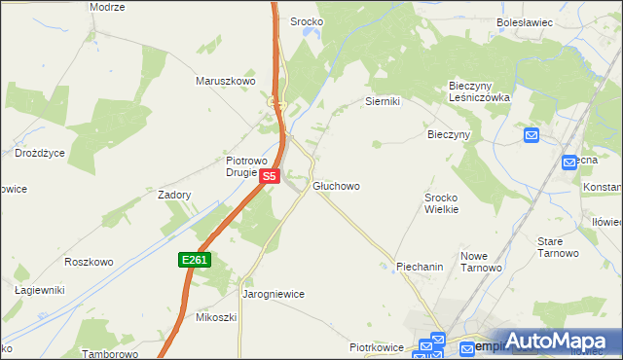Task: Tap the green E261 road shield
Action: [195, 260]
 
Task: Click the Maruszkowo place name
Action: [225, 81]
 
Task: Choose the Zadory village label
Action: [174, 195]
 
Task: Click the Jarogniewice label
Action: [274, 293]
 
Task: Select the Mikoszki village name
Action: [216, 317]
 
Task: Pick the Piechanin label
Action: [420, 266]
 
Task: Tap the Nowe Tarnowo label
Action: [480, 262]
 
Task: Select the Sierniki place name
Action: [383, 101]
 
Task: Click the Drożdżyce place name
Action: [40, 153]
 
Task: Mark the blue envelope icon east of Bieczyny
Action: [531, 135]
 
